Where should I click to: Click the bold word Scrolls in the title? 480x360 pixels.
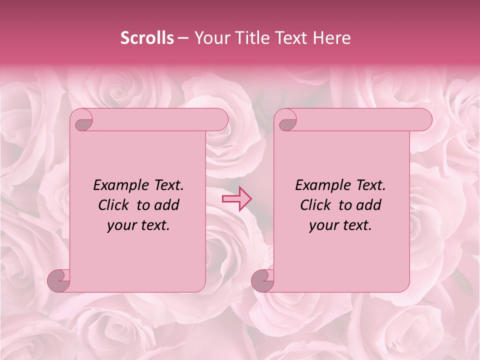coord(147,38)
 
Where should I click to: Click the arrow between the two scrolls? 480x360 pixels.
coord(237,198)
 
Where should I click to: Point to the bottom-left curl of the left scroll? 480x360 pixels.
coord(59,280)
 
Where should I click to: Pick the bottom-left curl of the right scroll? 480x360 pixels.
coord(263,280)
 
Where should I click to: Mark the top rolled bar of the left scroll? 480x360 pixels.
coord(155,120)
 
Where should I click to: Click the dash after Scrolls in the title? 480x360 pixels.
coord(183,38)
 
